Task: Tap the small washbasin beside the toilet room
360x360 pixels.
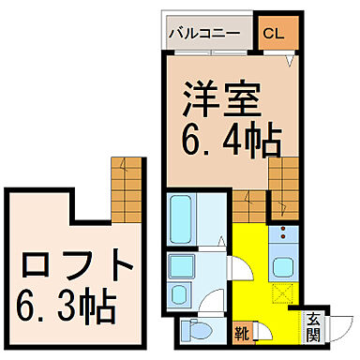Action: coord(179,298)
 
